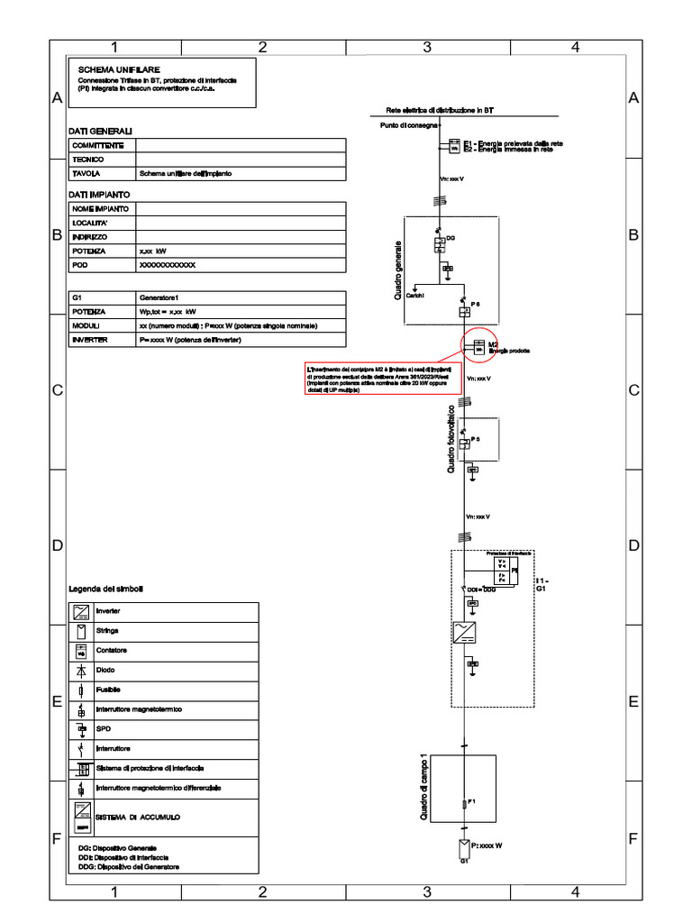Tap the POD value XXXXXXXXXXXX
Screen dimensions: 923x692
167,267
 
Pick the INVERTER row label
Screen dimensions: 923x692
91,340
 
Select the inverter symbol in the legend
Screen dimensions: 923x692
81,611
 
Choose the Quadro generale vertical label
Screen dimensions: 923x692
397,270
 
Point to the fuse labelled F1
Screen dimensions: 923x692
464,801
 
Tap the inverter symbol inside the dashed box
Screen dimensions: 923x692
463,631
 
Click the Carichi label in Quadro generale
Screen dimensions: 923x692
415,296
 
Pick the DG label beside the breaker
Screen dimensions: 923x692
451,237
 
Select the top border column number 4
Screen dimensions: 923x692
574,47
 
